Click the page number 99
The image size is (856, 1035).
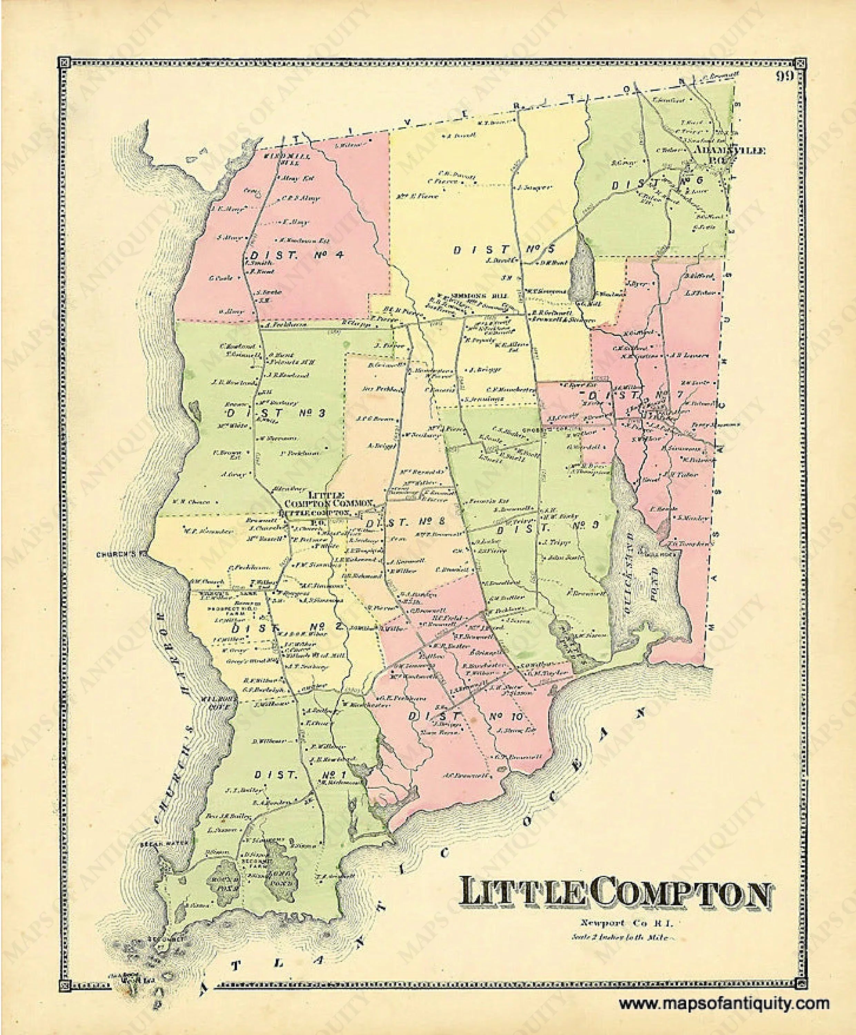click(784, 76)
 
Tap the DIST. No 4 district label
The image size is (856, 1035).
click(295, 255)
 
